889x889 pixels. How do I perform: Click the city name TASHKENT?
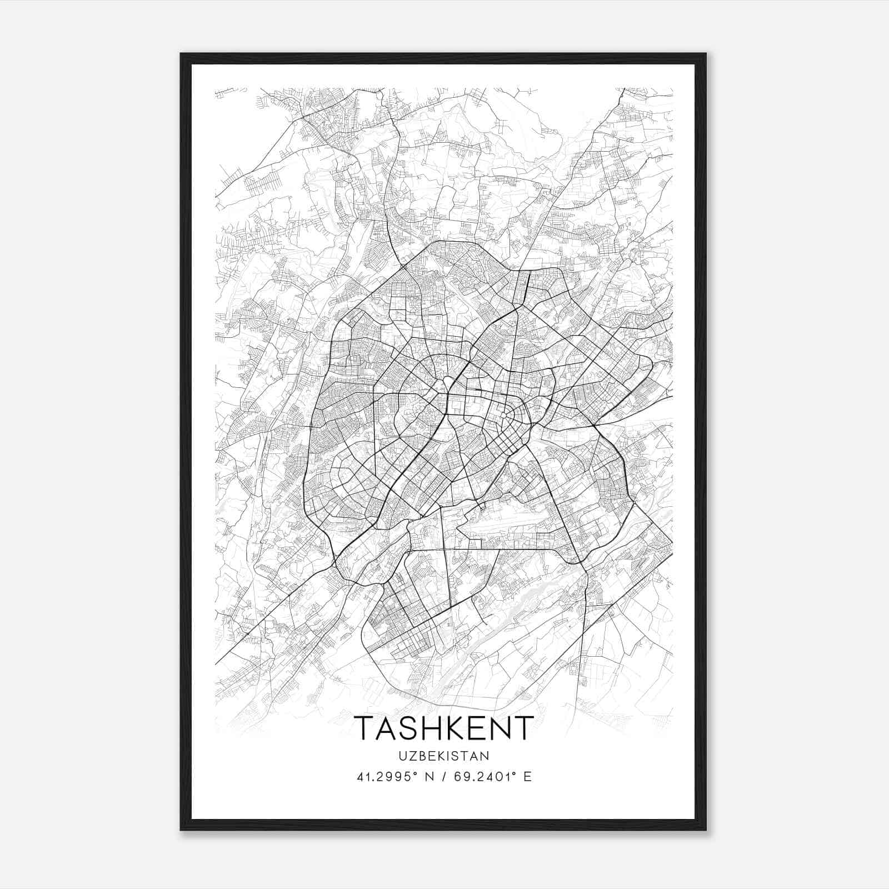click(444, 728)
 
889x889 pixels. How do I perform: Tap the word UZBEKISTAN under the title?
click(444, 756)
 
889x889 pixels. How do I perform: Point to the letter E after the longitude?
click(528, 777)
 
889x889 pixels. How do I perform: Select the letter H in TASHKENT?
click(426, 728)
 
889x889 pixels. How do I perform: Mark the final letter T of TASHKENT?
click(525, 728)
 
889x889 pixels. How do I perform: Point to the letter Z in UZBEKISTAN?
click(412, 756)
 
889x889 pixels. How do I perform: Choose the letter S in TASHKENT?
click(404, 728)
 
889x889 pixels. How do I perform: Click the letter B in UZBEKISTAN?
click(422, 756)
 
